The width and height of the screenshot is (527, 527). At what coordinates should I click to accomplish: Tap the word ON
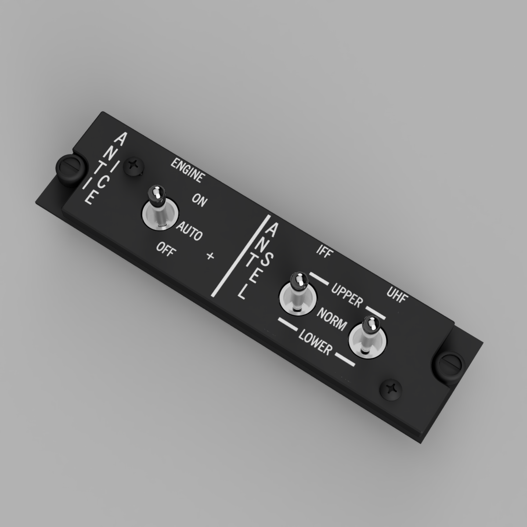coord(199,200)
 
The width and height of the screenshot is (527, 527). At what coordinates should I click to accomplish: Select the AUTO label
coord(189,231)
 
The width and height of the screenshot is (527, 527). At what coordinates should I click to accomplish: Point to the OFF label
coord(165,249)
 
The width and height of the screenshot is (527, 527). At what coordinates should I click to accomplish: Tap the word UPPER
coord(347,296)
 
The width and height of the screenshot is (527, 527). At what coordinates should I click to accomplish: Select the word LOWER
coord(315,342)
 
